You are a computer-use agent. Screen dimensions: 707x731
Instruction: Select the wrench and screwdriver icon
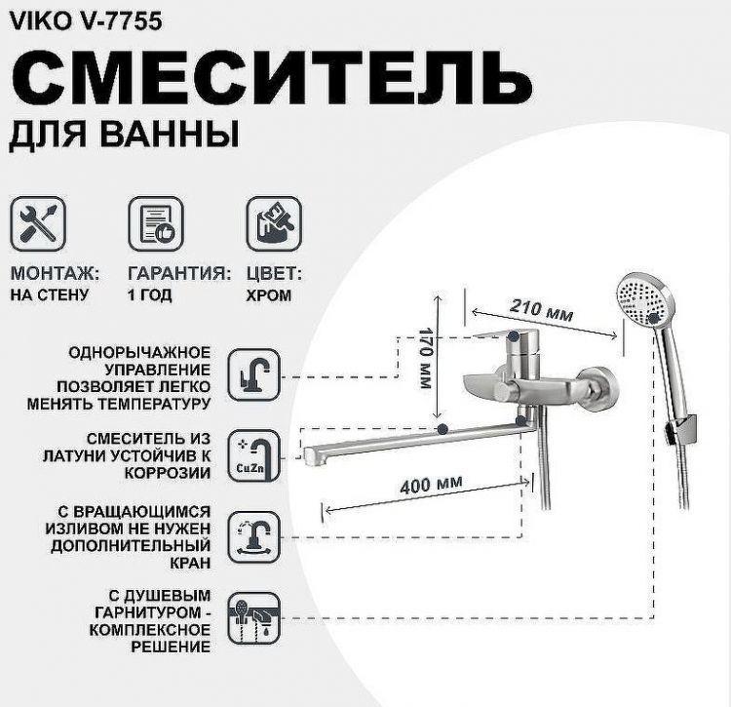38,222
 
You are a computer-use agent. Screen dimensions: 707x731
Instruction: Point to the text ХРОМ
268,295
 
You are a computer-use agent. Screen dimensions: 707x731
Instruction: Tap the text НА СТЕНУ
50,295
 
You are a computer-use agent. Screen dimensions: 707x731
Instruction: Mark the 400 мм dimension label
430,484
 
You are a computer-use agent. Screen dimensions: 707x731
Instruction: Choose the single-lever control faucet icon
255,374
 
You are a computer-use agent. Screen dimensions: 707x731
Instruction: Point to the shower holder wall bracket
686,423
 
